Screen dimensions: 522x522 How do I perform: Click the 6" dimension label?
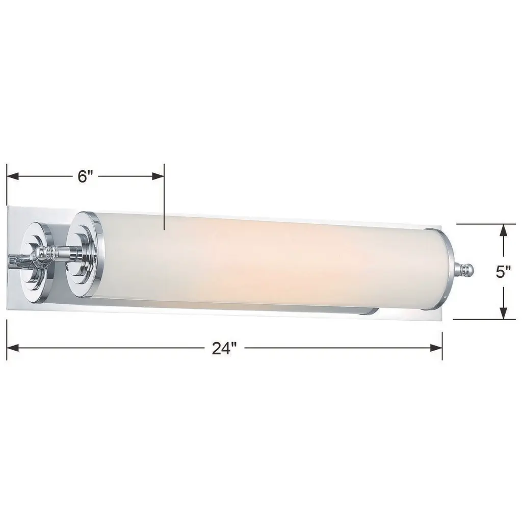pyautogui.click(x=85, y=176)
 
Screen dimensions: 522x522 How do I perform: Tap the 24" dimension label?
pyautogui.click(x=224, y=348)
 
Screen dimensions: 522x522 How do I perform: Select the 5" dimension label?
pyautogui.click(x=503, y=272)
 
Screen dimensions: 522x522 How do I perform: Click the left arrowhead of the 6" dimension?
pyautogui.click(x=13, y=176)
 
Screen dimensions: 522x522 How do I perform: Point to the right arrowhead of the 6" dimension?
pyautogui.click(x=158, y=176)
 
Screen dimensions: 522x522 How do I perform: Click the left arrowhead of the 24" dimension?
pyautogui.click(x=13, y=348)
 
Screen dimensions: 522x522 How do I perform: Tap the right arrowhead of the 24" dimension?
pyautogui.click(x=436, y=348)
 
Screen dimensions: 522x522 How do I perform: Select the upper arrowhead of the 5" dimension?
pyautogui.click(x=503, y=230)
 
